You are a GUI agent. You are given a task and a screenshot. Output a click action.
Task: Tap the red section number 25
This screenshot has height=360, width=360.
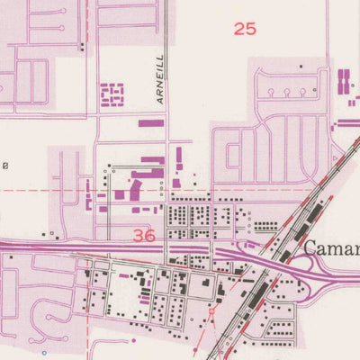tap(245, 29)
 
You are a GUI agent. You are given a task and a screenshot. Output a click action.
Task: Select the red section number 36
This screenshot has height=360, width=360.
tap(144, 236)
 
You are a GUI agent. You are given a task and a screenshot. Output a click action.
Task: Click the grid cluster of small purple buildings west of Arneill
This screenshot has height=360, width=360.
tap(112, 94)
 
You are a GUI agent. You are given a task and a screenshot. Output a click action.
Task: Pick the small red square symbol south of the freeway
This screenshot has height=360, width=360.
tap(212, 310)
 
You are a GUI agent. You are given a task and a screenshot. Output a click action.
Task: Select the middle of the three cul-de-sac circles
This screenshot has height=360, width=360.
tap(286, 92)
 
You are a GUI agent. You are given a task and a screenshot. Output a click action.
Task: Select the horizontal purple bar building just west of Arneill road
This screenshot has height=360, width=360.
tap(151, 122)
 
